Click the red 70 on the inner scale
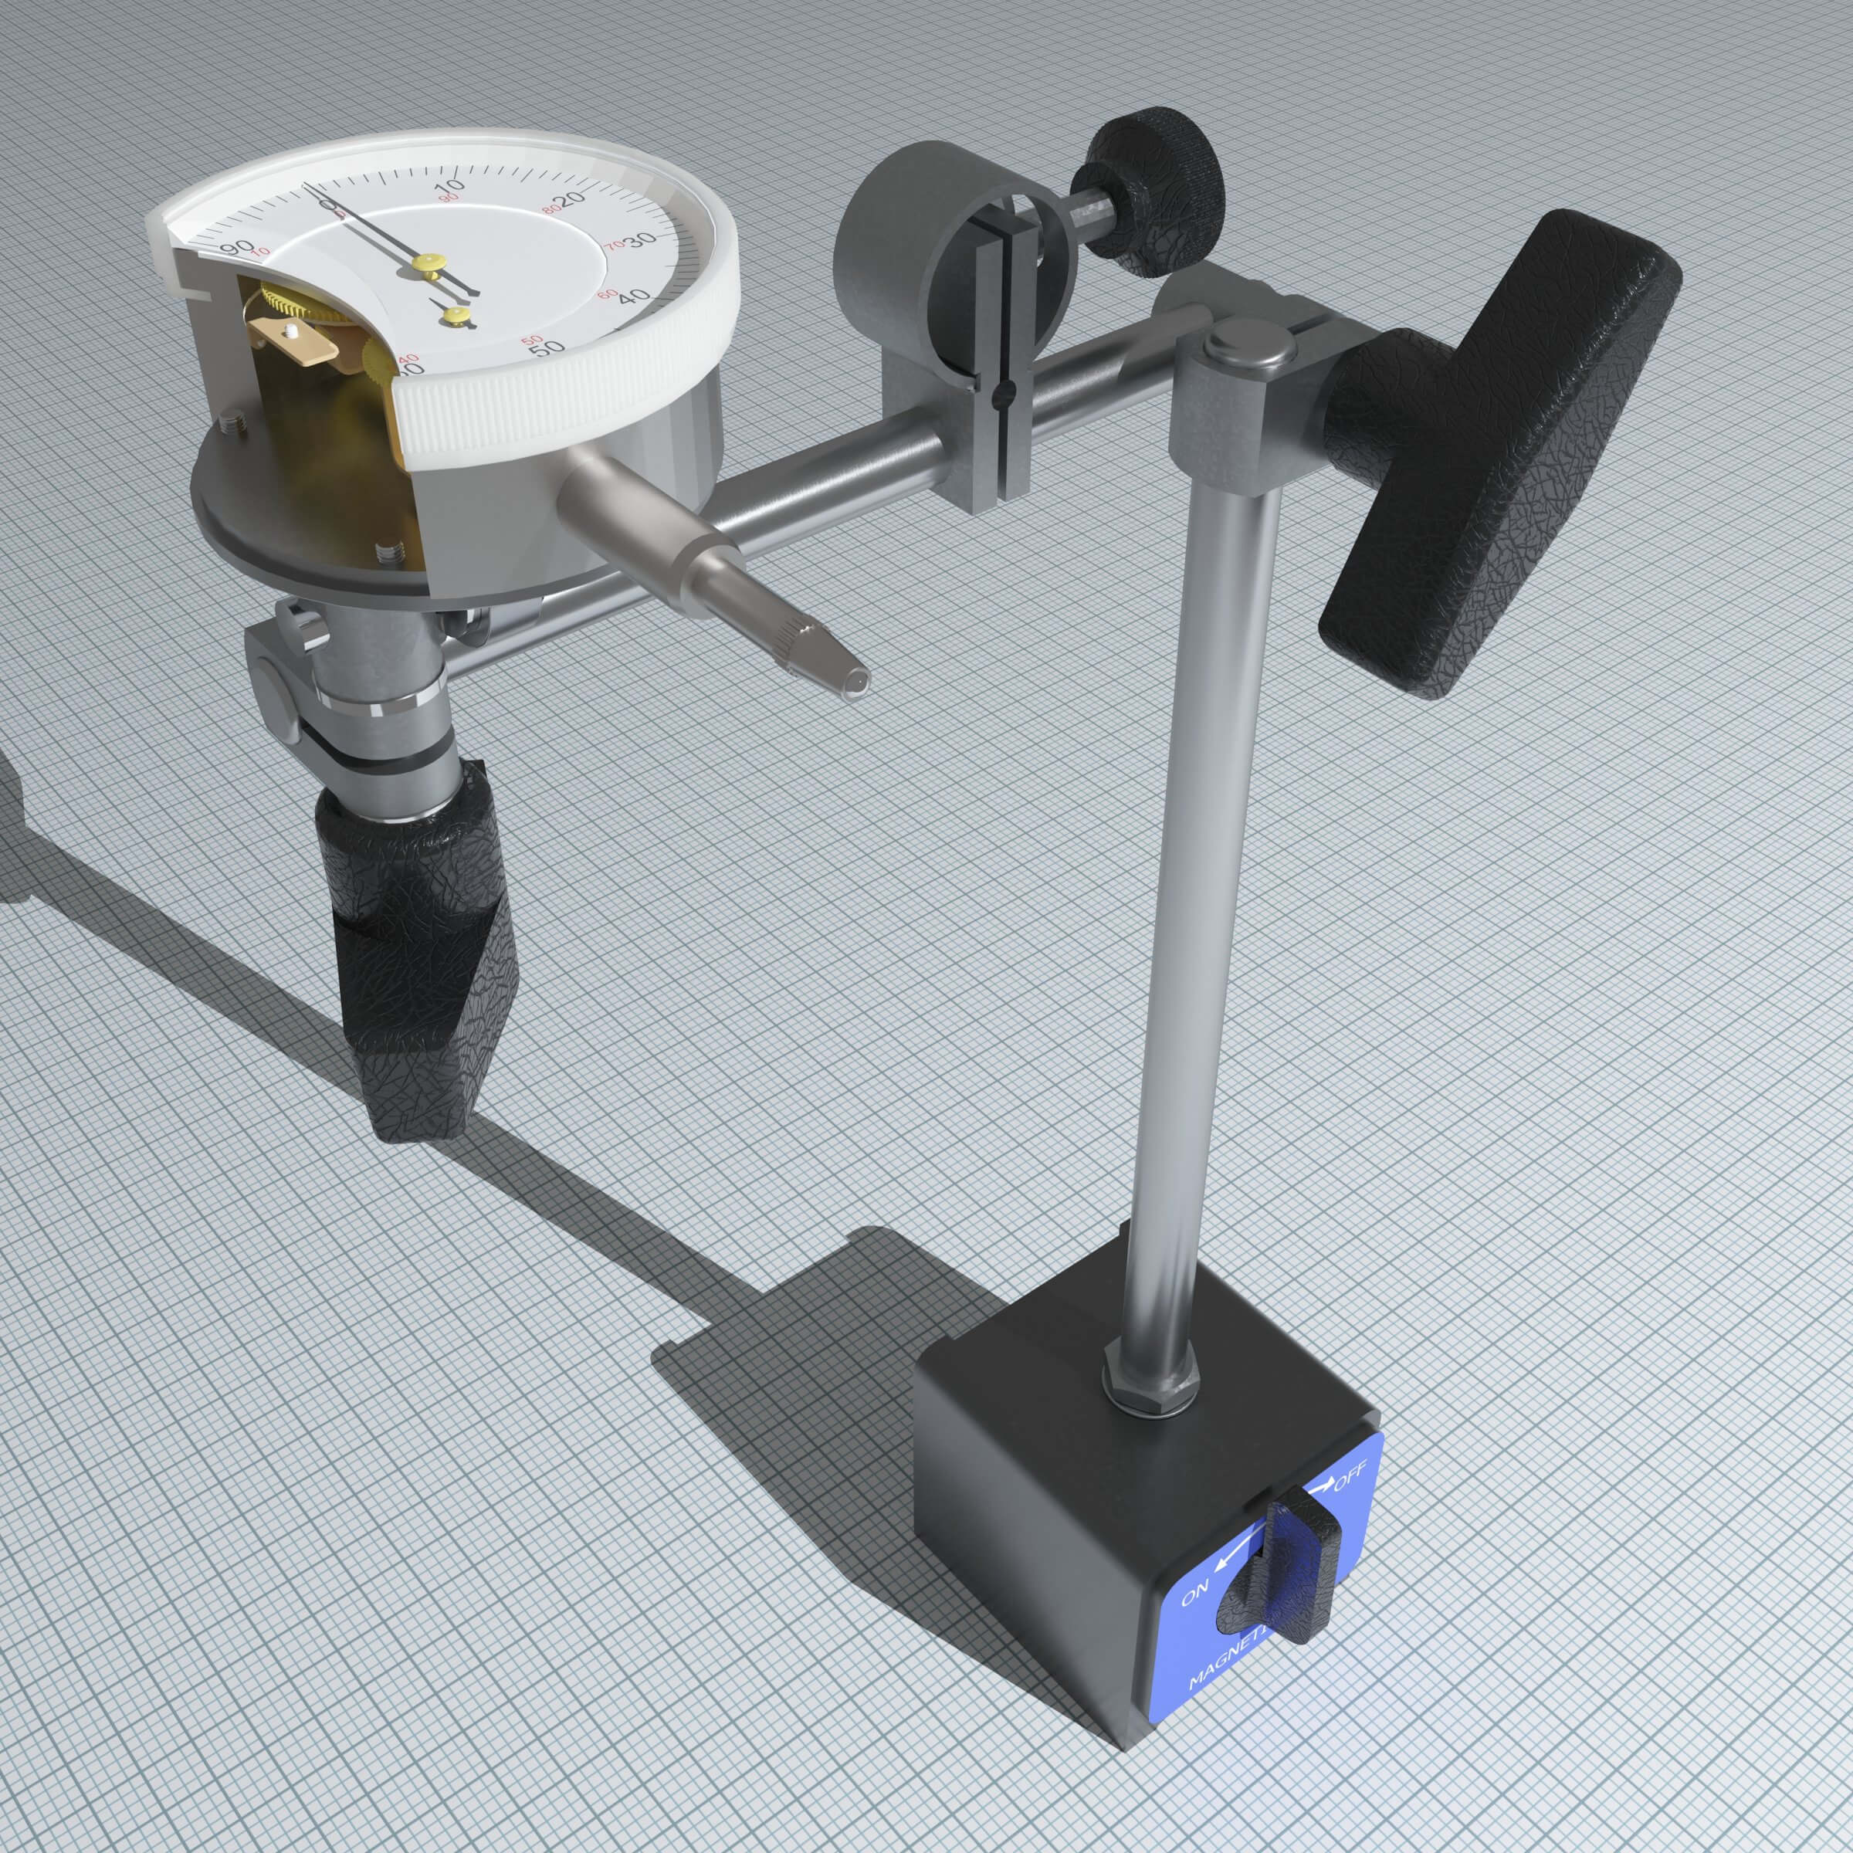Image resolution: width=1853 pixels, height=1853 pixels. point(614,246)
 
